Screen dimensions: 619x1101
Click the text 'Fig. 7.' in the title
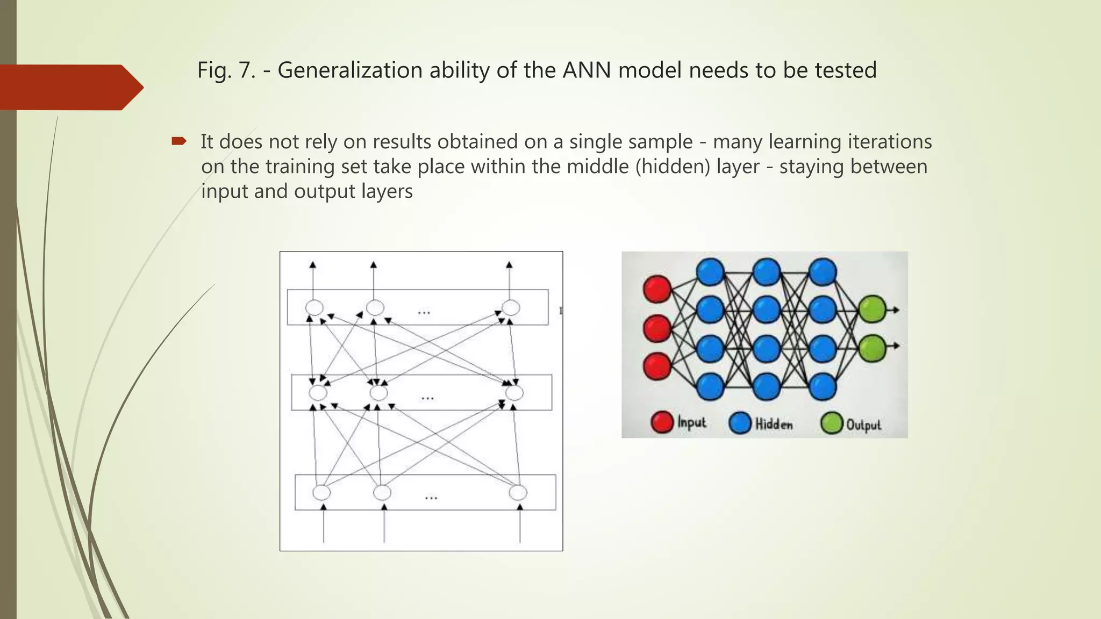coord(226,70)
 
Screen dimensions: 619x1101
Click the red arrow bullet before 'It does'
coord(178,141)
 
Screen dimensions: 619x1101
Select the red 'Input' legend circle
coord(662,422)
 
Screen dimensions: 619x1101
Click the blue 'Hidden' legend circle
coord(740,423)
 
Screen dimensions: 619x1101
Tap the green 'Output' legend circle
coord(831,423)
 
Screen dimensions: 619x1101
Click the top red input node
coord(657,289)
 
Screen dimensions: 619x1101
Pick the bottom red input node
coord(657,366)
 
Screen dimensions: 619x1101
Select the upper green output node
coord(871,309)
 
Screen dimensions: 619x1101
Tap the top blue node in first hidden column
coord(710,271)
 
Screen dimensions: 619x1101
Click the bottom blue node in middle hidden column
coord(767,386)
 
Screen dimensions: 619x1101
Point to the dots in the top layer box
coord(424,312)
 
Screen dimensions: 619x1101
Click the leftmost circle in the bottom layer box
coord(321,492)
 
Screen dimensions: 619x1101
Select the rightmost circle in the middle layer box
coord(514,393)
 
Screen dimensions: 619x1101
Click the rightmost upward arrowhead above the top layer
coord(509,264)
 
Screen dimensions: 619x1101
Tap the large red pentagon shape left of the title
coord(70,87)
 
